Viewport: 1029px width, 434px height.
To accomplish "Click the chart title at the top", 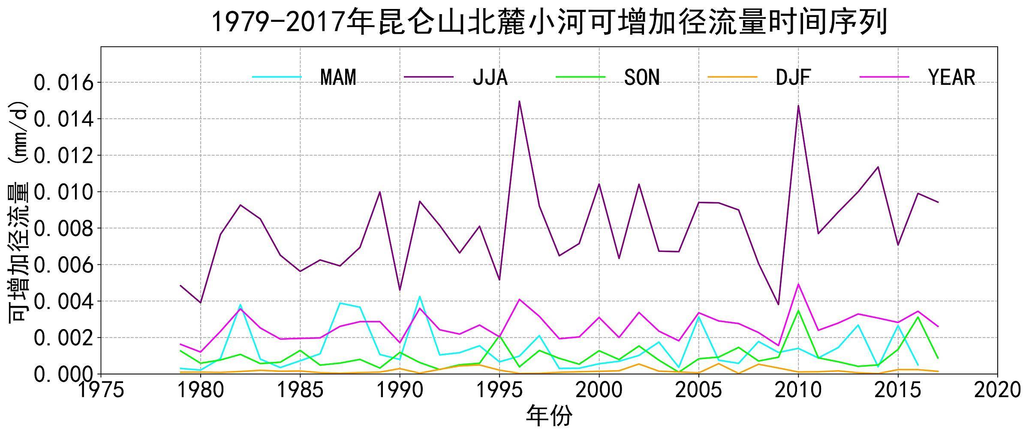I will (549, 22).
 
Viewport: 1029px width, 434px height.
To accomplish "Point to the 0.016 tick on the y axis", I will (63, 83).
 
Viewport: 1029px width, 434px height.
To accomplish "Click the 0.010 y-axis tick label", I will (63, 192).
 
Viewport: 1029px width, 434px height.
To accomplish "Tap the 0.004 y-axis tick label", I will (63, 302).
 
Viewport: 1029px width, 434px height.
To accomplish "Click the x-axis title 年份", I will (549, 416).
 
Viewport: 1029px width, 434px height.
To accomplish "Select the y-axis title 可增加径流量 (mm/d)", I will (18, 212).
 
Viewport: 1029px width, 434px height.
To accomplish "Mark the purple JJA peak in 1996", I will (519, 102).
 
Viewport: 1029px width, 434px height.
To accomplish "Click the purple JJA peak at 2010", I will (798, 105).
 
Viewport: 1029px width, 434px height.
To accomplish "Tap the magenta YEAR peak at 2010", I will (798, 284).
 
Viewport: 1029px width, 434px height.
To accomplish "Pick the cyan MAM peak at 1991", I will (420, 296).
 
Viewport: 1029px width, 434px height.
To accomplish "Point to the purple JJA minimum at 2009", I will (778, 305).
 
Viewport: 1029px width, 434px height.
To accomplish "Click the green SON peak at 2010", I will (798, 310).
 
